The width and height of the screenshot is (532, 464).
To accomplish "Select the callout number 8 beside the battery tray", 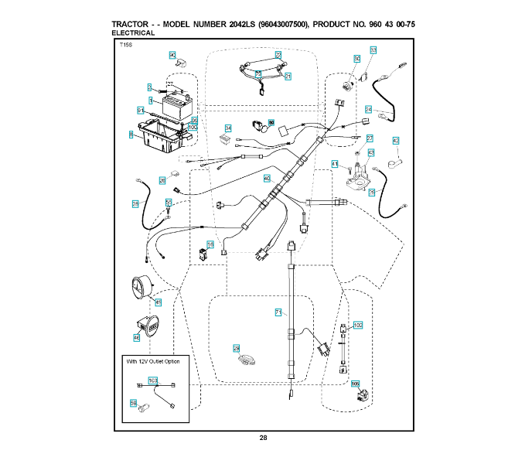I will [132, 135].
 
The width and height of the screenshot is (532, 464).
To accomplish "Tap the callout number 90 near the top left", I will [172, 55].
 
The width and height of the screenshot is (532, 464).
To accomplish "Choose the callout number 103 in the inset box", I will [153, 380].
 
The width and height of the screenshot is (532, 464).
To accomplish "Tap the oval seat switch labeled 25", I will [247, 358].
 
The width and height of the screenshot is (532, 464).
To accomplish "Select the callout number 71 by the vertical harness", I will [278, 312].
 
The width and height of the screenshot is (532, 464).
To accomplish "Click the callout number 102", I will [357, 326].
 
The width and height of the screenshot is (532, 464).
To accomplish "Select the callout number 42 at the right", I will [396, 141].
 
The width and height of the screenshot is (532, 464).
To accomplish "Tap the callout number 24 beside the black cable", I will [369, 109].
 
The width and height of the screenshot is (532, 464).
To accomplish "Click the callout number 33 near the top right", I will [373, 49].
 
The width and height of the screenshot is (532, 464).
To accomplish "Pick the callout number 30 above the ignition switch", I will [356, 59].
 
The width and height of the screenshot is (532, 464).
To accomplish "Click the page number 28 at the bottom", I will [264, 438].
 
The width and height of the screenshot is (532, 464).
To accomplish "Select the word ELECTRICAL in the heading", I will [133, 33].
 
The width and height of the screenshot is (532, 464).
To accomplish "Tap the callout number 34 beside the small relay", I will [228, 128].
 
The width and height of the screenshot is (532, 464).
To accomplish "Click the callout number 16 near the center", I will [210, 244].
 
